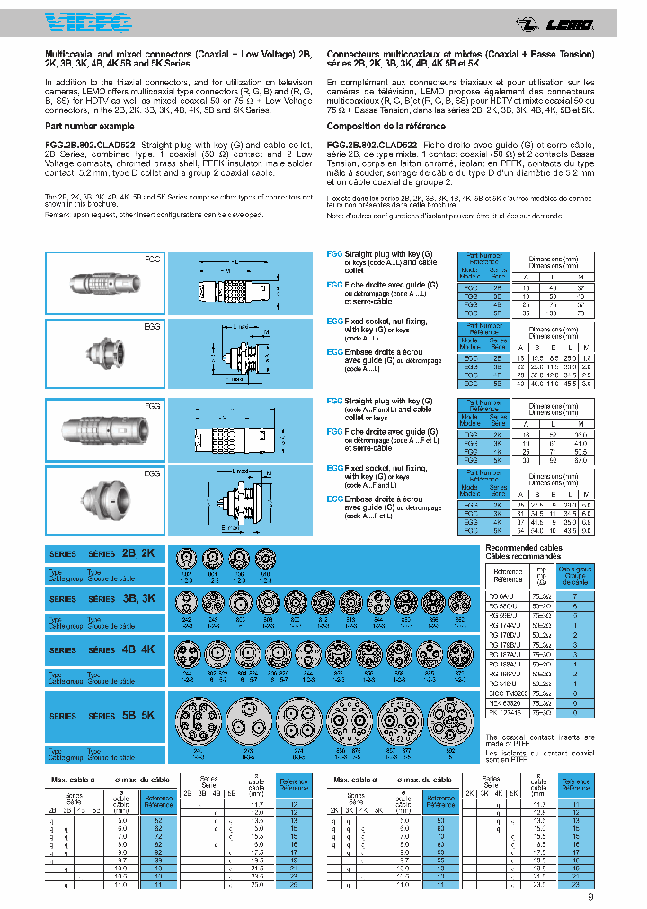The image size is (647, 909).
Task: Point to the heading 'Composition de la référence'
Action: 380,127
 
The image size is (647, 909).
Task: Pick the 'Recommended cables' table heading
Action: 523,547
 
